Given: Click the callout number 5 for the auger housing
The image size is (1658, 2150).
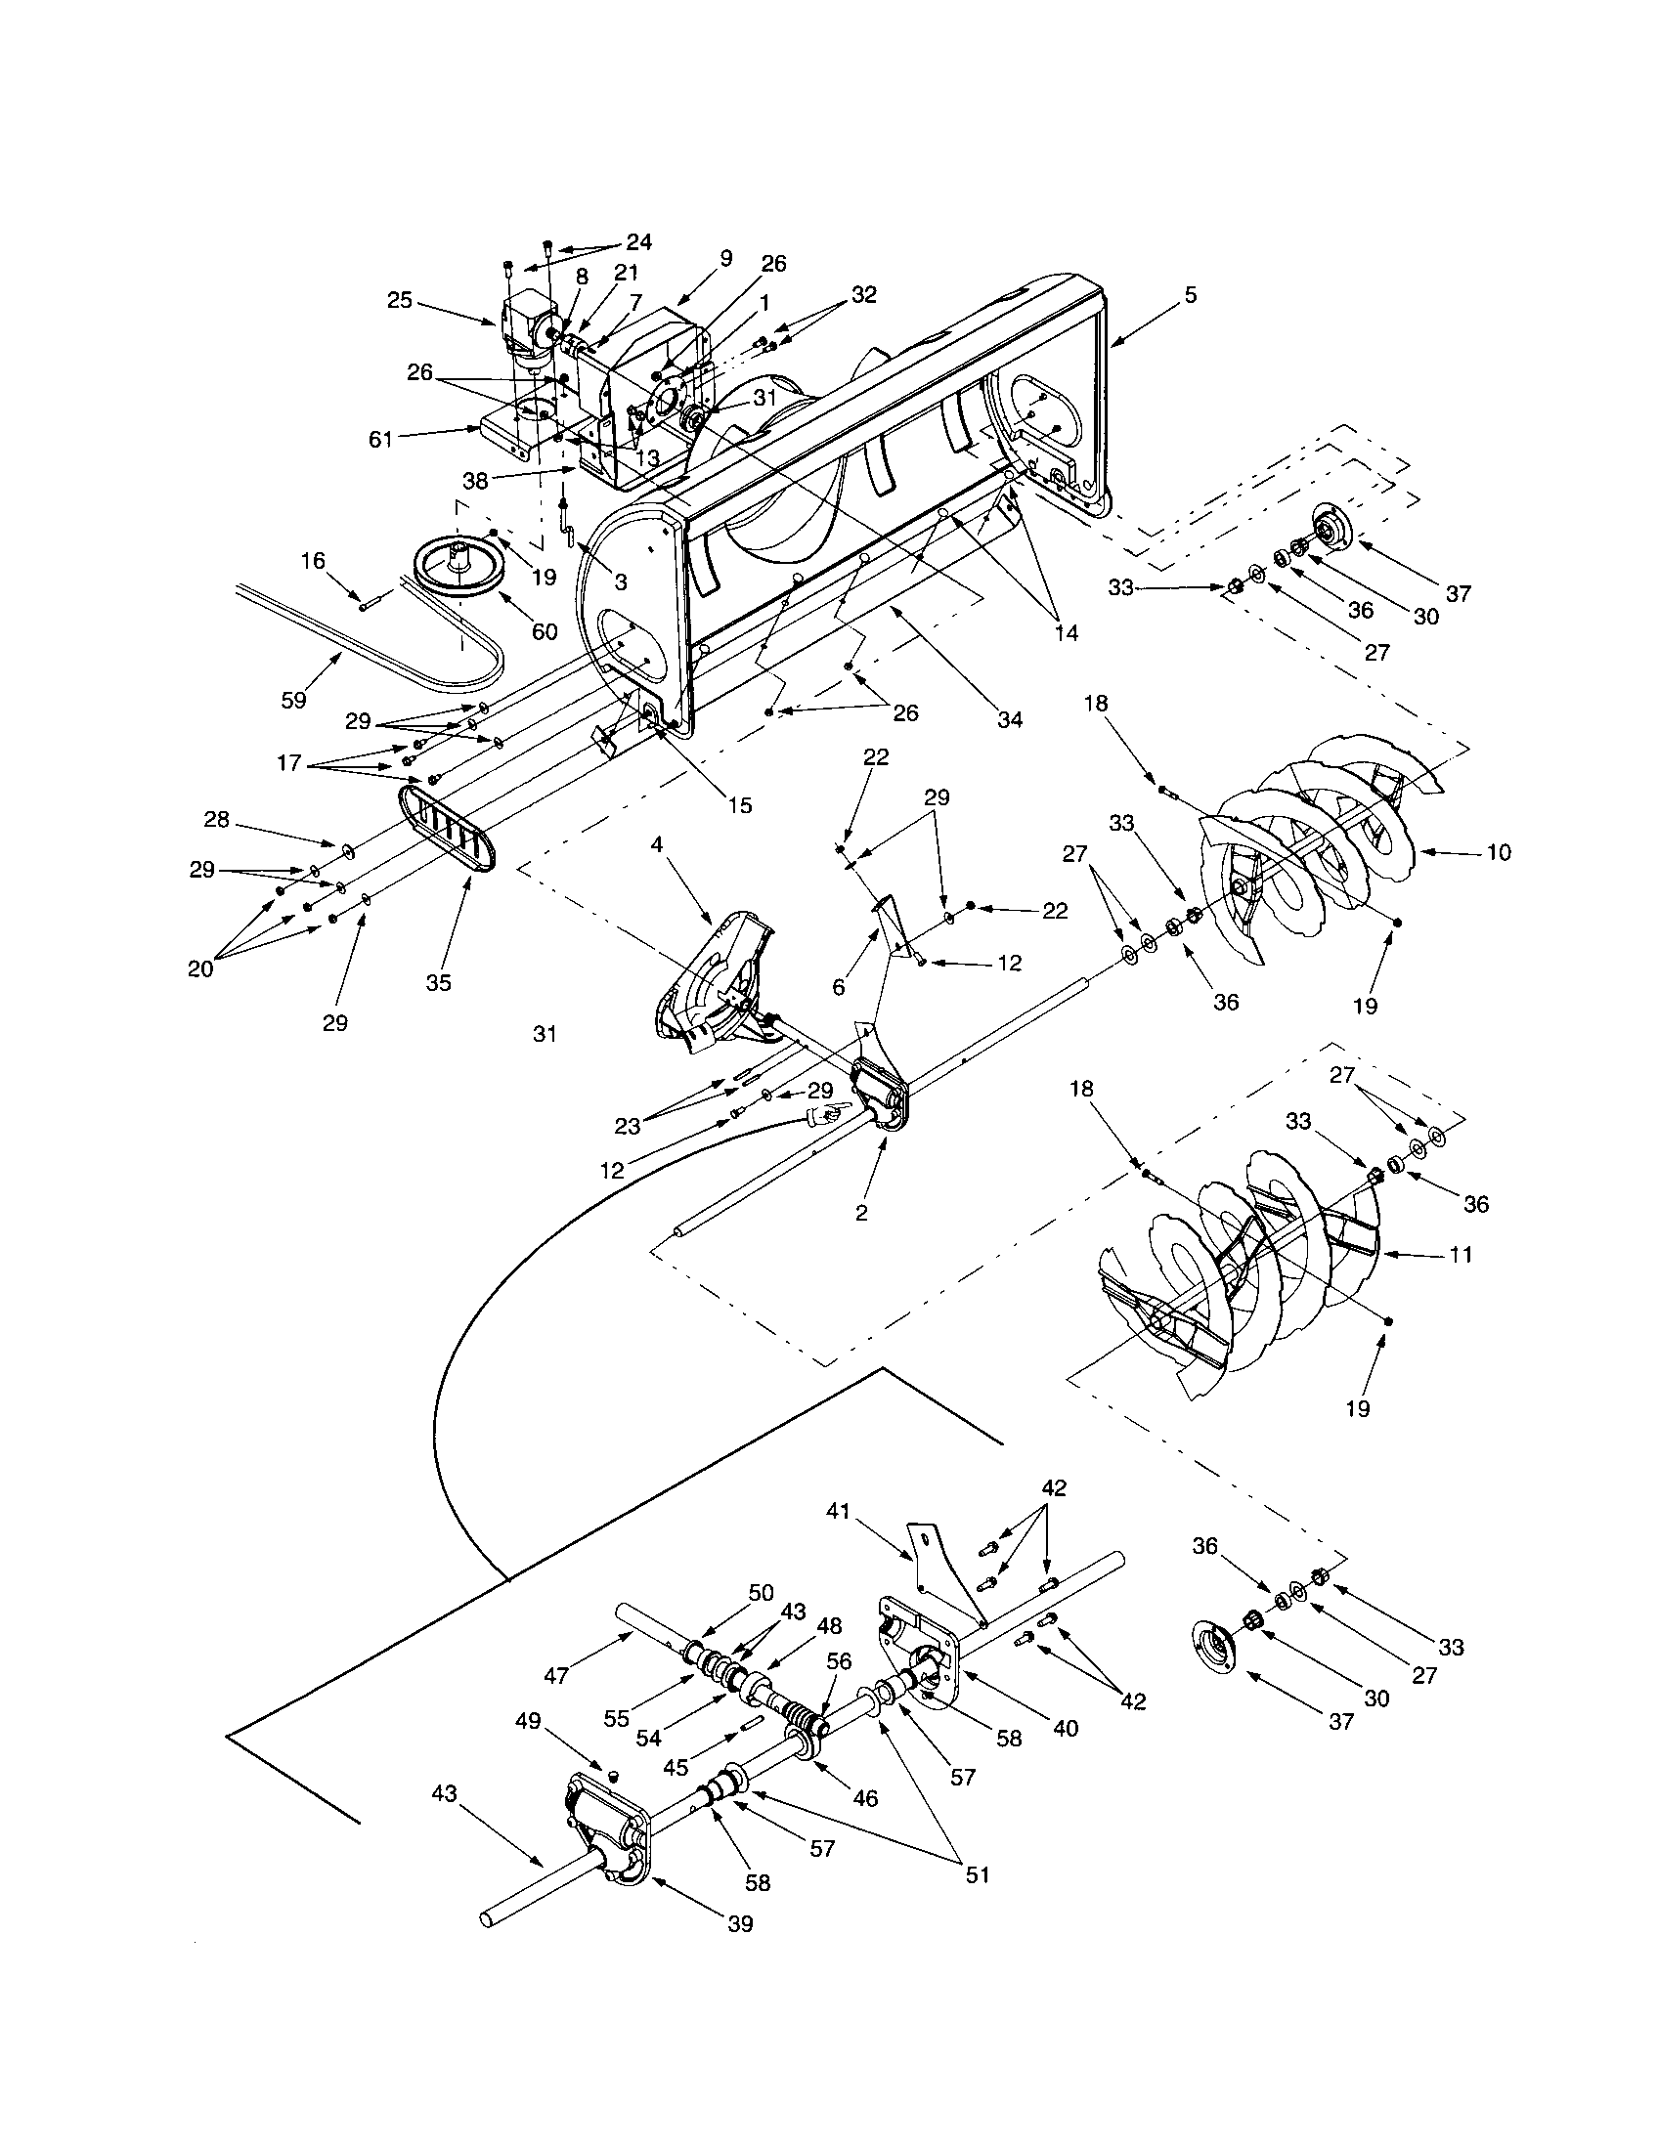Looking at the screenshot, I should tap(1192, 295).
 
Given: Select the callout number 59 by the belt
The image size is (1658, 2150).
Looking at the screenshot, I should tap(293, 700).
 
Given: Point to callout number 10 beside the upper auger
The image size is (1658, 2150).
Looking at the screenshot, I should tap(1498, 852).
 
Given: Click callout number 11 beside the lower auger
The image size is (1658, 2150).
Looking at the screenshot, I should tap(1462, 1254).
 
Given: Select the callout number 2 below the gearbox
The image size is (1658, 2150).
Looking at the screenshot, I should tap(861, 1213).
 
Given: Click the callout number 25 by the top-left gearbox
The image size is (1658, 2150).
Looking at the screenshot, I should tap(400, 300).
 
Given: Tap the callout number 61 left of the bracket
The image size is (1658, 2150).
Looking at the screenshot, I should tap(381, 440).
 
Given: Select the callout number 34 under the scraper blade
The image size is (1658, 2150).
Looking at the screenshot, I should tap(1010, 719).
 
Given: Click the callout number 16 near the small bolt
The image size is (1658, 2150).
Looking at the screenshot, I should tap(313, 561).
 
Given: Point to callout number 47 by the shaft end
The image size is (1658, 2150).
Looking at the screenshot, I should tap(556, 1674).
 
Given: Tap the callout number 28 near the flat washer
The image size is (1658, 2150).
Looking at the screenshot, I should tap(217, 819).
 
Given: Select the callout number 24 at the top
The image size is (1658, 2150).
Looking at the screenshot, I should tap(639, 242).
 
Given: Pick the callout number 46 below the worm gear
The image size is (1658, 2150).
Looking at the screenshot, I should tap(865, 1798).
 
